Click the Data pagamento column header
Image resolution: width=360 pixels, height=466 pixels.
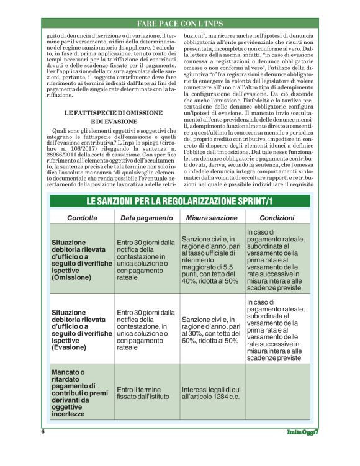pos(146,218)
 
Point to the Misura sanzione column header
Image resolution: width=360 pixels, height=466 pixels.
pos(213,218)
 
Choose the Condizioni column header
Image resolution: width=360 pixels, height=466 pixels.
pos(277,218)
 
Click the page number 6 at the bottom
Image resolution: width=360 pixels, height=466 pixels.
pos(43,432)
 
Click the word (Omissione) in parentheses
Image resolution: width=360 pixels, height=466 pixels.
pos(72,277)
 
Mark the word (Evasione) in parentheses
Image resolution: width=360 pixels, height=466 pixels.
pos(70,347)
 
